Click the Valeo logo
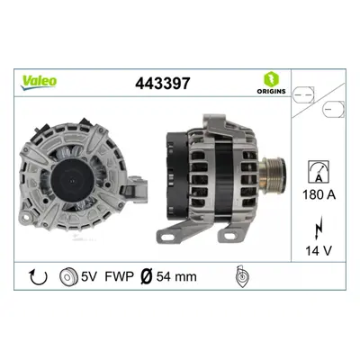(39, 81)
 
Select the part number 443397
(163, 83)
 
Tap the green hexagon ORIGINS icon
(271, 79)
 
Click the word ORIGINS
(271, 91)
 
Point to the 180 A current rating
(319, 195)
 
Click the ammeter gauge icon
(319, 172)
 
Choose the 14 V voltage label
(319, 250)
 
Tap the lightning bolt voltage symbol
(319, 229)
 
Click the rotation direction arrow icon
(38, 276)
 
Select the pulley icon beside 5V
(68, 276)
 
